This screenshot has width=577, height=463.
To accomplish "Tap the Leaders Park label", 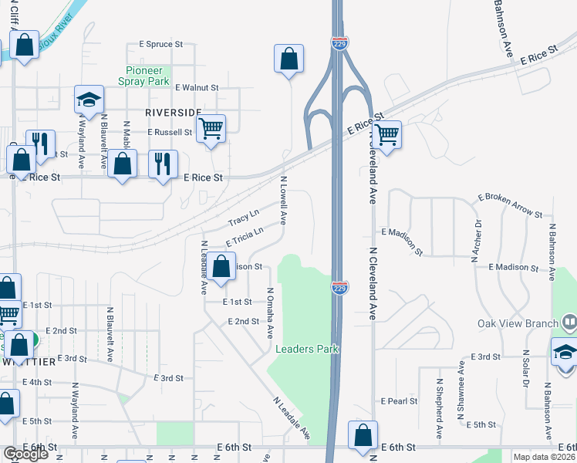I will coord(307,349).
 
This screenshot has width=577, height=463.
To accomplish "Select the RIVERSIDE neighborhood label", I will coord(173,112).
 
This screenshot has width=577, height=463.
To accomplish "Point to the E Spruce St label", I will coord(160,45).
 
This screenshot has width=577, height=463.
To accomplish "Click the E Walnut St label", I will coord(197,88).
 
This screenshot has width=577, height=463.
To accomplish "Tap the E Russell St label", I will coord(170,132).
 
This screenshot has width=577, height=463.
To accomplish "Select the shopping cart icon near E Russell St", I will coord(210,128).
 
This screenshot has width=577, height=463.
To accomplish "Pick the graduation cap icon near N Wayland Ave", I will coord(89,100).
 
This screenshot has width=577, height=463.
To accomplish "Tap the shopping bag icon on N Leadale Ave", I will coord(221,266).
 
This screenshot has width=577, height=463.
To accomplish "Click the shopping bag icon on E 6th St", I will coord(363,435).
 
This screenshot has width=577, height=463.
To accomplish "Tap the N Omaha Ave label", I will coord(270,313).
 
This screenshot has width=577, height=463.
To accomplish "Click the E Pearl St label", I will coord(399,401).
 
